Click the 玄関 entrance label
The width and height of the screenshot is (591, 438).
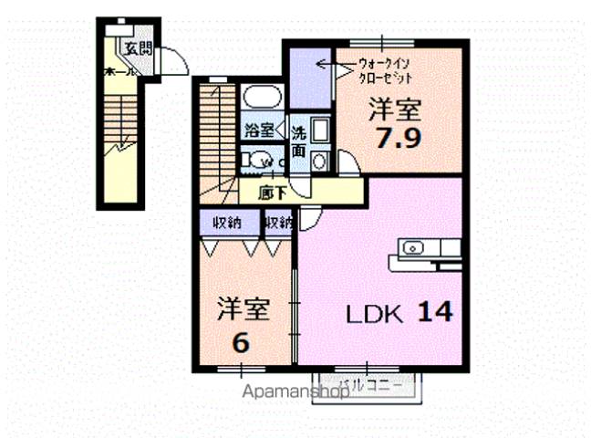(x=138, y=48)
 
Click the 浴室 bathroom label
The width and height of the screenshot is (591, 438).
(x=258, y=130)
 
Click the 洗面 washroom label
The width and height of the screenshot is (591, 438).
(x=298, y=141)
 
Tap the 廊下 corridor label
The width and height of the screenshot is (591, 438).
(x=271, y=193)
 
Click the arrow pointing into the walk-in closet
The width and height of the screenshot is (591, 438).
(x=325, y=65)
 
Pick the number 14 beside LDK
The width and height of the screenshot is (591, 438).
(x=434, y=313)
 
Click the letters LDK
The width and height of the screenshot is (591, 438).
(x=374, y=315)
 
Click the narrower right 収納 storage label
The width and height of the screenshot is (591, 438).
(x=278, y=223)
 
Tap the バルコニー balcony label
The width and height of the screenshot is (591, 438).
(x=370, y=385)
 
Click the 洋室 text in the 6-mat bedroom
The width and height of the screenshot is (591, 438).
(x=243, y=309)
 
